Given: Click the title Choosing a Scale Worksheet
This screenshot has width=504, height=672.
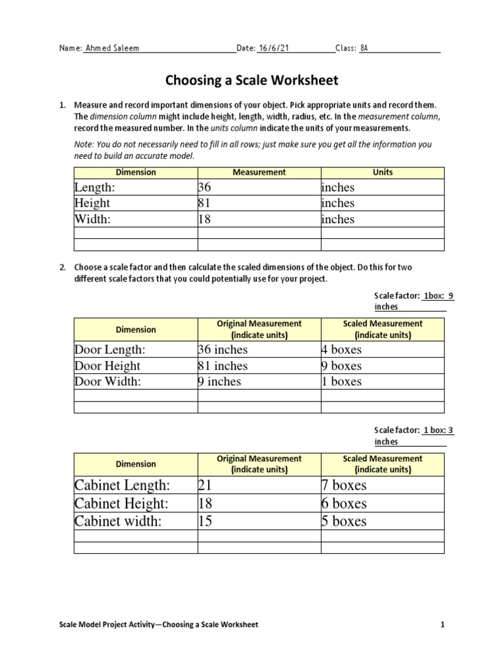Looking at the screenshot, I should (251, 81).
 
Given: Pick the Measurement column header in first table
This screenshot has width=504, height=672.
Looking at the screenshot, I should (259, 172).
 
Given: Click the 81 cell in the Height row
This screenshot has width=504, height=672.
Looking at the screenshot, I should (205, 203).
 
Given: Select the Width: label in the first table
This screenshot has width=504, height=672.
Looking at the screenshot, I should (93, 219).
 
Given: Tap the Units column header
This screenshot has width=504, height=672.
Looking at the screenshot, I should (383, 172).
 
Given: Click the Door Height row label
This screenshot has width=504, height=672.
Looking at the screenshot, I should (108, 366).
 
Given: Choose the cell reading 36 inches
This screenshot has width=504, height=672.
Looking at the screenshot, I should (223, 350).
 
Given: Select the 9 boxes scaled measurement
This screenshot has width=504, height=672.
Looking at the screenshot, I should (342, 366).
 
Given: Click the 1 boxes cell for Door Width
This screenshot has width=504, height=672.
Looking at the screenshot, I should (342, 381).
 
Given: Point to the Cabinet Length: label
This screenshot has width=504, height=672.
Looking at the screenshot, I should (123, 486).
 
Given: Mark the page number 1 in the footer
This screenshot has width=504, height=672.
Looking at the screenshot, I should (443, 625).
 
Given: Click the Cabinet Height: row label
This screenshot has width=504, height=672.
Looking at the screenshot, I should (122, 503).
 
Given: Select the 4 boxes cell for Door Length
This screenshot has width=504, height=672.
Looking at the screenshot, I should (342, 350).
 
